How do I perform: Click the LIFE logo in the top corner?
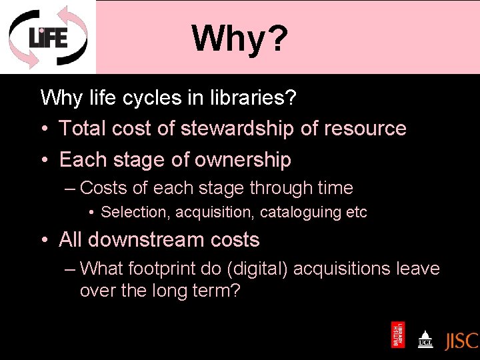[x=47, y=37]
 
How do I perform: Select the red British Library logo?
[x=398, y=335]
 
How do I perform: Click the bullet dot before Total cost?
[x=45, y=129]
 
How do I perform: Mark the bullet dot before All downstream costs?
[x=45, y=240]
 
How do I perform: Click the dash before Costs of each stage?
[x=71, y=189]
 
